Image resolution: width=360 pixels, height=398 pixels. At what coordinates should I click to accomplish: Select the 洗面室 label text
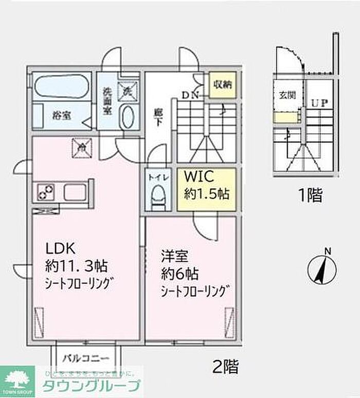(107, 101)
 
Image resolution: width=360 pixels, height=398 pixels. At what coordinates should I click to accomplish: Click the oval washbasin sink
(128, 117)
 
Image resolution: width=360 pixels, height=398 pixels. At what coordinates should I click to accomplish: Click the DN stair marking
(190, 94)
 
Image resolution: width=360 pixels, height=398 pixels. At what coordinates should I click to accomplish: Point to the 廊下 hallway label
(158, 119)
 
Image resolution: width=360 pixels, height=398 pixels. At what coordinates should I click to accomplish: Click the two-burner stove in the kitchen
(45, 193)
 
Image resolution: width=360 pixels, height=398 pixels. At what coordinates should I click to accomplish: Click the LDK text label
(61, 248)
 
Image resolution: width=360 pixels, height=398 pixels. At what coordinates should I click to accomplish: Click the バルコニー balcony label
(86, 358)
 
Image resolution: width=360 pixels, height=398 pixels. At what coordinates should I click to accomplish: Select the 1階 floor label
(311, 195)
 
